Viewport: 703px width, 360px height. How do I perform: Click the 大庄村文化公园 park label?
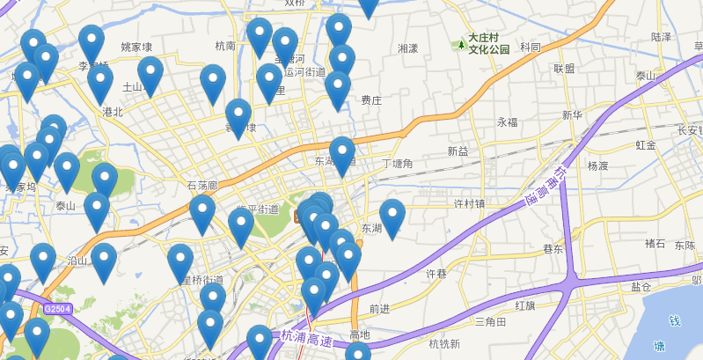click(488, 43)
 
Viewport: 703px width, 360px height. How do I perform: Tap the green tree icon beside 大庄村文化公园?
click(459, 43)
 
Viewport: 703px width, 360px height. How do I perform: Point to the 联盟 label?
click(564, 69)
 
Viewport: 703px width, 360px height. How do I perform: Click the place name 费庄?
click(371, 100)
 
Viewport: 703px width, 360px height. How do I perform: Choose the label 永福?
click(508, 121)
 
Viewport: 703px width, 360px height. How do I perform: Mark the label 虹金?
click(645, 144)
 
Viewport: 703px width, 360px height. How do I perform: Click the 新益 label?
click(458, 151)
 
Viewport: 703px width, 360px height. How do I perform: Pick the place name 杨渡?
click(597, 165)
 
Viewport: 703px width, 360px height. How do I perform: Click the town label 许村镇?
click(469, 203)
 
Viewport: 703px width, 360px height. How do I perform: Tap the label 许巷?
click(436, 274)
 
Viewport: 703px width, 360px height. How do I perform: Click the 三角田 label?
click(490, 322)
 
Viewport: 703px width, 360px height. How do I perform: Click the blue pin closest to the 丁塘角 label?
click(342, 155)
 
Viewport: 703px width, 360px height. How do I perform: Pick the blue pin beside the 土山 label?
click(150, 74)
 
